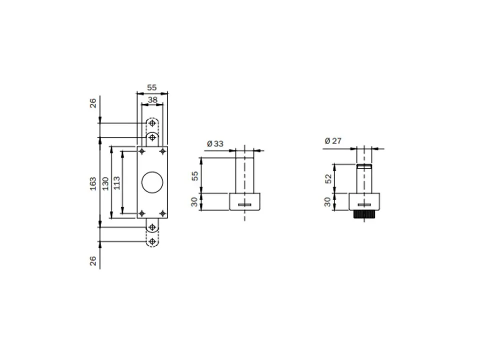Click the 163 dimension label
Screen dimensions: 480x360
point(93,183)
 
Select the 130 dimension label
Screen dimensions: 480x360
point(105,183)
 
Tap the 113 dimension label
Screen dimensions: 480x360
point(116,183)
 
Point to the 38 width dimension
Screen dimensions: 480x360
point(152,100)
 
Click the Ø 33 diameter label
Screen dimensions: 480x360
point(215,143)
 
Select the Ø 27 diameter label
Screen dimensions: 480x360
point(333,141)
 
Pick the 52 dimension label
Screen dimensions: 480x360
point(328,179)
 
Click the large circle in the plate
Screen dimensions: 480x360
point(152,182)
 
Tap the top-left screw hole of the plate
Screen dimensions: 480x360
point(141,151)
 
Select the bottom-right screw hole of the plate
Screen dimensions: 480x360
point(163,213)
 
